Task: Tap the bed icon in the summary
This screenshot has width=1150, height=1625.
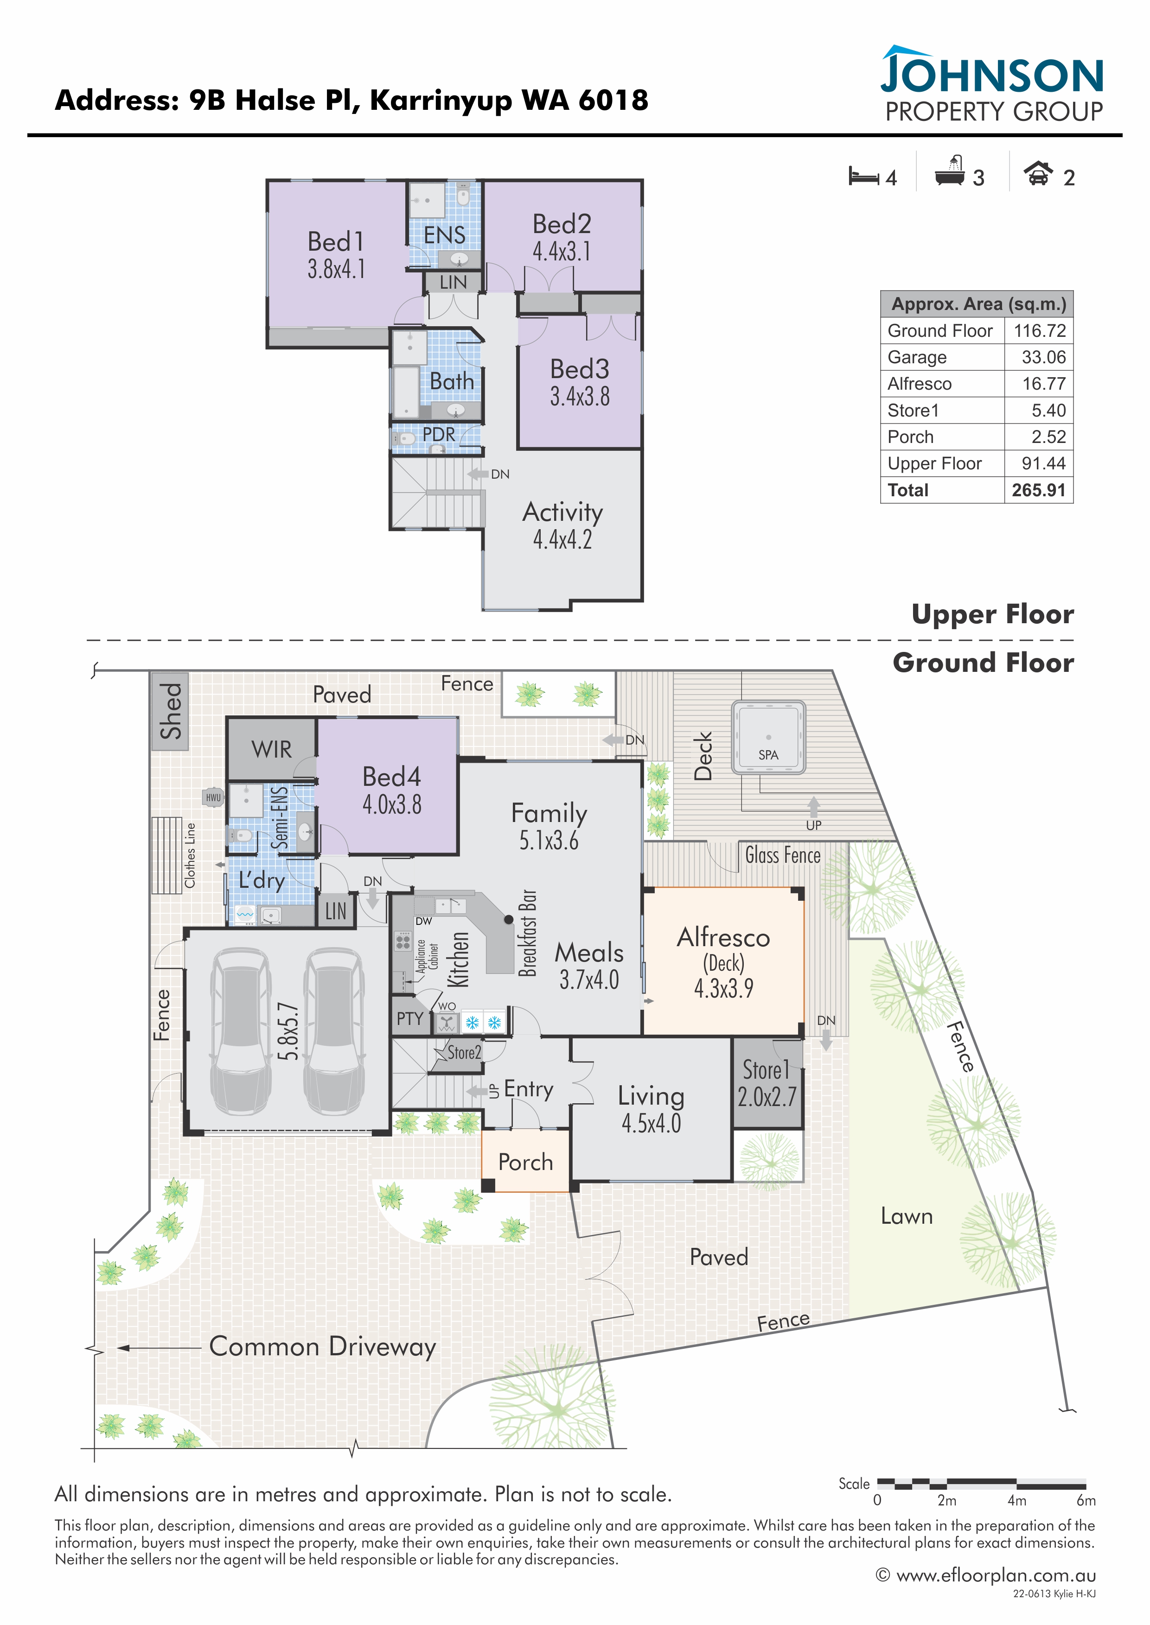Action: (864, 176)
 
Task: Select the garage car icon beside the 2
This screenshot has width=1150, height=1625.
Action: (1038, 173)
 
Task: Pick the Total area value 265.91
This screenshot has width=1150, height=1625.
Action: (1038, 490)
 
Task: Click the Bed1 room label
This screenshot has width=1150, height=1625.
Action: (336, 242)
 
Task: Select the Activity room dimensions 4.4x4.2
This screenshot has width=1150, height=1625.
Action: (562, 540)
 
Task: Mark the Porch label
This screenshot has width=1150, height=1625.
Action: (525, 1162)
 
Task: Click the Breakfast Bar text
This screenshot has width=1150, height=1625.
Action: (528, 933)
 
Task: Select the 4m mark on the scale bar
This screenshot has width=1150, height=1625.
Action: (1017, 1500)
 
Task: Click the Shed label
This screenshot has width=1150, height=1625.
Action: (171, 711)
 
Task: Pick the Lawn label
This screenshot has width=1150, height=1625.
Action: (907, 1216)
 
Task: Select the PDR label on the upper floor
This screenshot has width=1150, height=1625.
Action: (439, 434)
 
